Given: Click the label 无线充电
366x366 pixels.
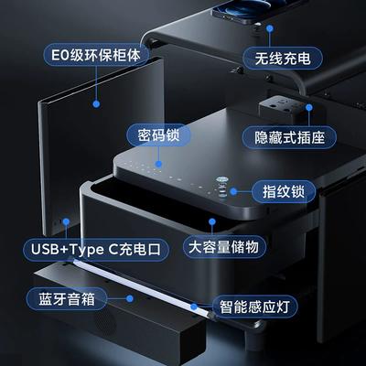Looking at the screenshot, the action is click(283, 59).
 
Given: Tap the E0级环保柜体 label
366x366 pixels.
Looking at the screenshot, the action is click(96, 55).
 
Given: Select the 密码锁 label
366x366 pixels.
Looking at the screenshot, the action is click(158, 135).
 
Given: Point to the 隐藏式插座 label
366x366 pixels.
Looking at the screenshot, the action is click(289, 138).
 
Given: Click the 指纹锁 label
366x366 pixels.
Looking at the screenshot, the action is click(284, 192).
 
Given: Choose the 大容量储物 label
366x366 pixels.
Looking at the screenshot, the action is click(224, 247).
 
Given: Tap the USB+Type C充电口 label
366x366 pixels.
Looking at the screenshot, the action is click(96, 250).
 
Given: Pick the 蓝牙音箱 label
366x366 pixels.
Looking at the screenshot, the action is click(67, 299).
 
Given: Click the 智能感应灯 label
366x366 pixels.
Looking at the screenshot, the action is click(254, 307).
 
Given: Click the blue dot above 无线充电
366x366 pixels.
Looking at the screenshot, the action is click(270, 28).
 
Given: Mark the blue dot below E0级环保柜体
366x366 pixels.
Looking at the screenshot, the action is click(96, 104).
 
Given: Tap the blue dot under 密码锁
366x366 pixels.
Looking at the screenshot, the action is click(158, 165).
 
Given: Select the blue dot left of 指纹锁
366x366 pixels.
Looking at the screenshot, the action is click(233, 191).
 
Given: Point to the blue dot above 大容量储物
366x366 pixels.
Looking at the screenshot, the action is click(212, 221).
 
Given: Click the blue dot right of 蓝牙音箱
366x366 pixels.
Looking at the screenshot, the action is click(130, 298).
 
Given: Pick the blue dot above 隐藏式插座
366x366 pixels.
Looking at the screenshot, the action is click(309, 107).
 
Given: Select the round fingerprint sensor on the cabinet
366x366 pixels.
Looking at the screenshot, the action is click(222, 180).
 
